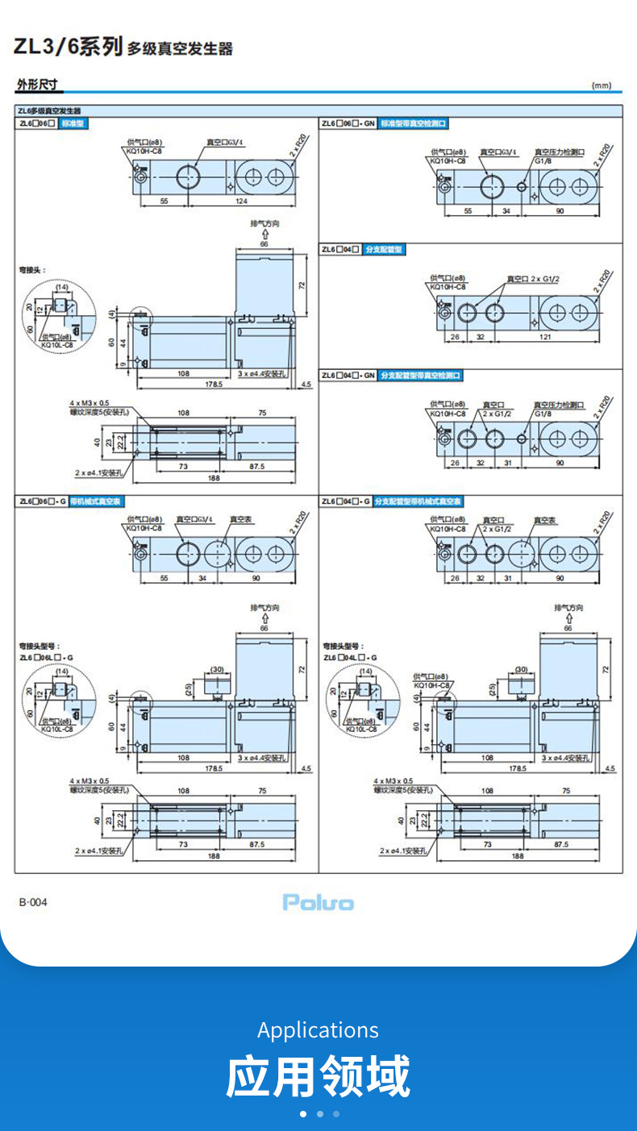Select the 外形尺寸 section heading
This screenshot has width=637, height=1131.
pyautogui.click(x=37, y=85)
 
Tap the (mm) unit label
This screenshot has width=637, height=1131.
pyautogui.click(x=602, y=85)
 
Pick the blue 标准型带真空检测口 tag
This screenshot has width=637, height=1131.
pyautogui.click(x=414, y=123)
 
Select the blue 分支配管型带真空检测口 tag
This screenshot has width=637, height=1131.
pyautogui.click(x=422, y=376)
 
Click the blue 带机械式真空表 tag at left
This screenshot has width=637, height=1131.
pyautogui.click(x=96, y=501)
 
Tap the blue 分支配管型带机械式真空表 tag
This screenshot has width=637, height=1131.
pyautogui.click(x=418, y=501)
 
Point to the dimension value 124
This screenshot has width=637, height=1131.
pyautogui.click(x=241, y=201)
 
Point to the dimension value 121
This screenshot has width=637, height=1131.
pyautogui.click(x=546, y=337)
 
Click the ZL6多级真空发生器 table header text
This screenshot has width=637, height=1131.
pyautogui.click(x=50, y=111)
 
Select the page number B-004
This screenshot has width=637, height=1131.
pyautogui.click(x=33, y=901)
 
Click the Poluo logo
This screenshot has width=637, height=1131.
pyautogui.click(x=318, y=902)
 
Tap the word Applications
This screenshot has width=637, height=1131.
pyautogui.click(x=318, y=1029)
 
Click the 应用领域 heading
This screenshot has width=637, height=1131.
pyautogui.click(x=318, y=1076)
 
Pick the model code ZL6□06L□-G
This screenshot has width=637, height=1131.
pyautogui.click(x=46, y=657)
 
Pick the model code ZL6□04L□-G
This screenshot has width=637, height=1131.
pyautogui.click(x=350, y=657)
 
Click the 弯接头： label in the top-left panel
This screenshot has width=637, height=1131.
pyautogui.click(x=32, y=270)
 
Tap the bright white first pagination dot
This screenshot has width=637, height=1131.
pyautogui.click(x=303, y=1114)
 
